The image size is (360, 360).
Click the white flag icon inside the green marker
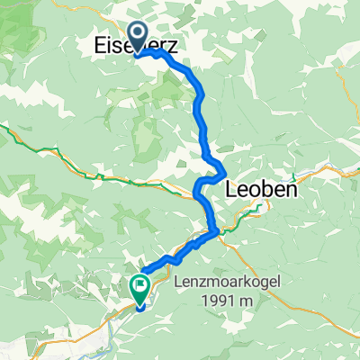click(141, 286)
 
